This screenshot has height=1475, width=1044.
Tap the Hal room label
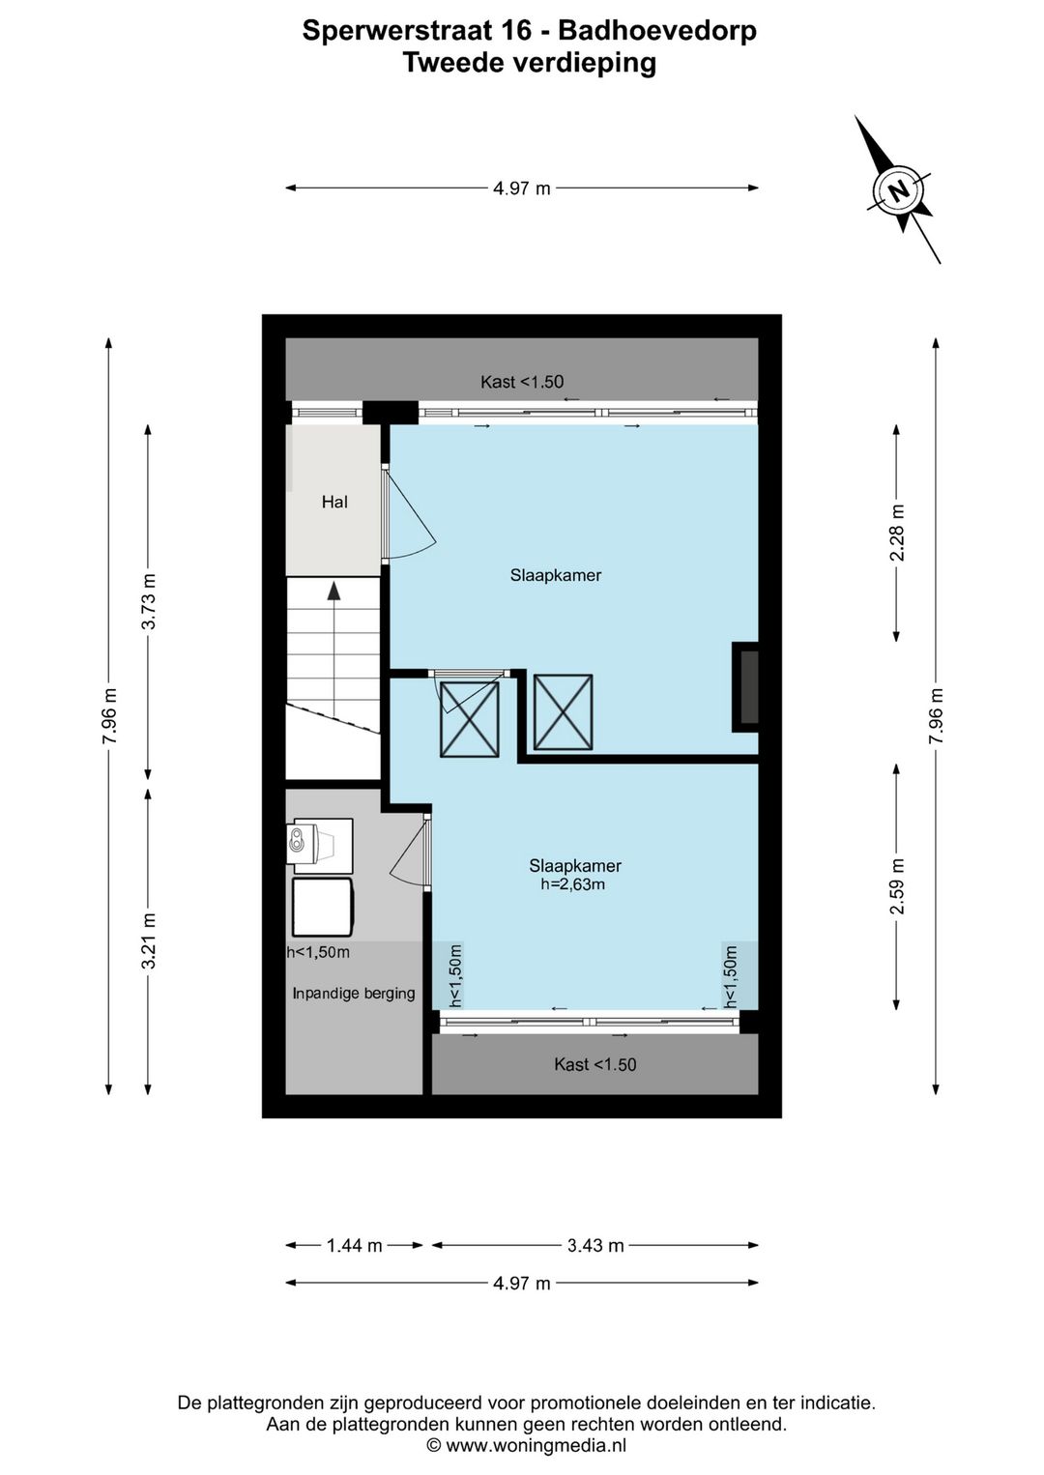[334, 503]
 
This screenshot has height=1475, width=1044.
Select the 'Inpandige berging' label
[354, 994]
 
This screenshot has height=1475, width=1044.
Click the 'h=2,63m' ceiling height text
[573, 884]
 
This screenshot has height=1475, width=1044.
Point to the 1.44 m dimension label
[355, 1245]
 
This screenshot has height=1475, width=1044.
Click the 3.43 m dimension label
[595, 1245]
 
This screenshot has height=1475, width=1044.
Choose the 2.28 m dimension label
[896, 532]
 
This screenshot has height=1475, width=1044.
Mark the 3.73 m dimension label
[148, 601]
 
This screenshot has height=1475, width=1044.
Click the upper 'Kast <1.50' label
[522, 382]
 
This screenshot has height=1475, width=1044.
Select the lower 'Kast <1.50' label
[595, 1065]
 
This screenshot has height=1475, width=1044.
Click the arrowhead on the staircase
[334, 591]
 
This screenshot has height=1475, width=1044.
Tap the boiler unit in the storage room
[321, 846]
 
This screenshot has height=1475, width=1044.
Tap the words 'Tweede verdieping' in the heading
[530, 63]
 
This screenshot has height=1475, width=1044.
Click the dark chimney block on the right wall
[745, 687]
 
